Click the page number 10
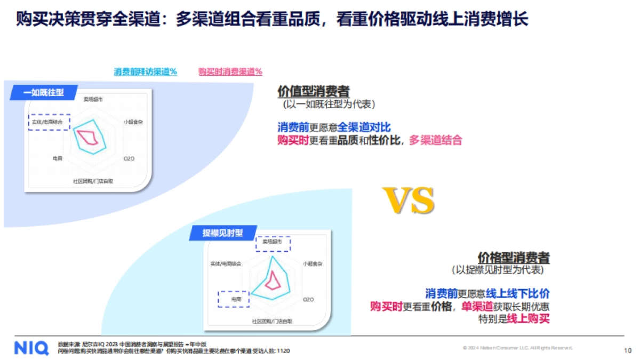tap(627, 350)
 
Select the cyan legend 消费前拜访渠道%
tap(146, 71)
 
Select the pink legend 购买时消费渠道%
tap(230, 71)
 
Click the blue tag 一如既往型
tap(44, 92)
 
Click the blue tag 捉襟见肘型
tap(222, 233)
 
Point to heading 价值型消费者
tap(314, 91)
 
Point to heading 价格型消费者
tap(513, 258)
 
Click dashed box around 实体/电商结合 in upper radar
tap(49, 122)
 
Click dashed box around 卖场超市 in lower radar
tap(273, 243)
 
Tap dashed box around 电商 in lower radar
tap(234, 299)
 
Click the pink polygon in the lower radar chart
tap(274, 281)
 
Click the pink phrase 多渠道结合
tap(435, 140)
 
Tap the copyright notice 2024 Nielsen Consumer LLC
tap(517, 348)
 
